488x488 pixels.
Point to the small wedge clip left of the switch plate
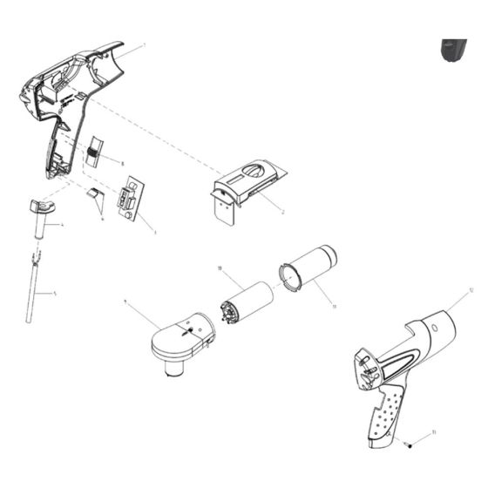pos(96,199)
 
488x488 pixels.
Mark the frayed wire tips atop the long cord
pos(34,259)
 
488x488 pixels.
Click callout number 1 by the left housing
pos(144,44)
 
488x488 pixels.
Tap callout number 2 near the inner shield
pos(284,212)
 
